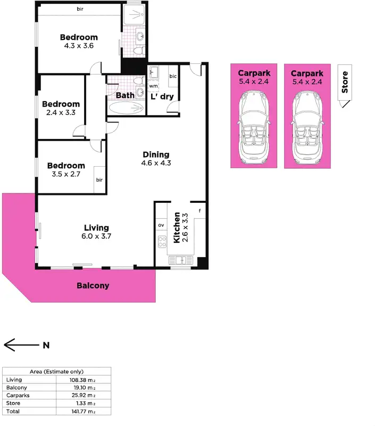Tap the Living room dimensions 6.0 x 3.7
coord(96,236)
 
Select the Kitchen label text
coord(177,227)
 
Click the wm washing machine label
coord(153,86)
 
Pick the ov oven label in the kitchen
coord(161,225)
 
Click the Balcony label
coord(93,285)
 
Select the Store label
coord(345,82)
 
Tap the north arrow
coord(20,345)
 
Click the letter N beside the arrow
coord(46,345)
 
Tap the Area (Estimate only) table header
coord(56,371)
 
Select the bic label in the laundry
coord(173,77)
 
